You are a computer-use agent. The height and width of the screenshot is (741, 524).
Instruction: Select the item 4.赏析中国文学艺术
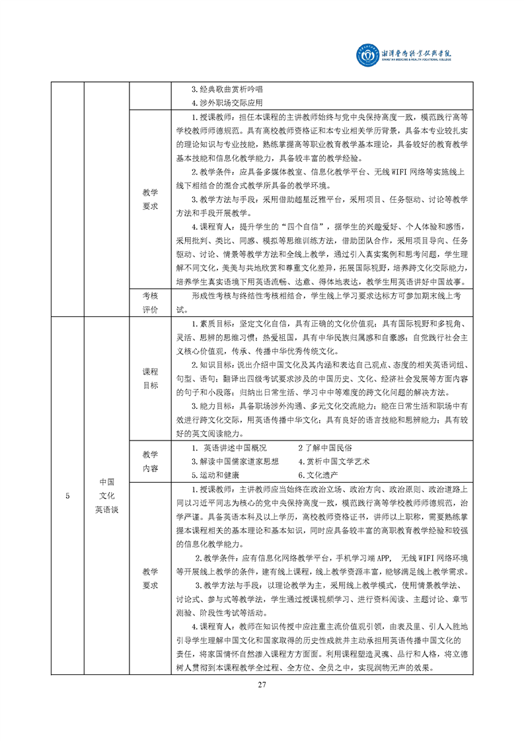[334, 461]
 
